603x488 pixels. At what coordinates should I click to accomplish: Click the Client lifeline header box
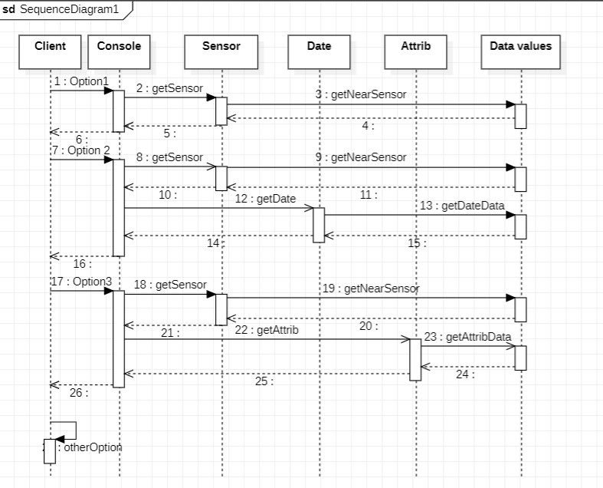[x=50, y=51]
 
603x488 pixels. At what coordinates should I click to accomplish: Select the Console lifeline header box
[x=119, y=51]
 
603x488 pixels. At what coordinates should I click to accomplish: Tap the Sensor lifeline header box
[x=221, y=51]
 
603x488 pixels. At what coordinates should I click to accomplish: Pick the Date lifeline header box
[x=319, y=51]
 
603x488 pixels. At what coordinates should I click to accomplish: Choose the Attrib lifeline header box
[x=415, y=51]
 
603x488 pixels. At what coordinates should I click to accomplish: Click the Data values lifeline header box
[x=520, y=51]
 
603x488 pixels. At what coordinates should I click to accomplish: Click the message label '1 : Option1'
[x=81, y=81]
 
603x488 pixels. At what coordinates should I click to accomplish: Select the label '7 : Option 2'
[x=81, y=150]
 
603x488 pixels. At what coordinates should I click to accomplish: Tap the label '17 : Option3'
[x=81, y=282]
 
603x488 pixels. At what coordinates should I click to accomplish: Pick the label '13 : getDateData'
[x=462, y=206]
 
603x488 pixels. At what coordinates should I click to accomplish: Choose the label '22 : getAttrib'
[x=267, y=330]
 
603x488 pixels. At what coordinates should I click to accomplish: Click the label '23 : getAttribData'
[x=467, y=337]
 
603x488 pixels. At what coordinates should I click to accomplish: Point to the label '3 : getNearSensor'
[x=360, y=94]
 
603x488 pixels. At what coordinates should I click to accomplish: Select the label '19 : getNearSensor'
[x=370, y=289]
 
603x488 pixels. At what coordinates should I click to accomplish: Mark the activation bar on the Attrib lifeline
[x=415, y=359]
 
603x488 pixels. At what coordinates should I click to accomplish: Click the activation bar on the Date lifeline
[x=319, y=225]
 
